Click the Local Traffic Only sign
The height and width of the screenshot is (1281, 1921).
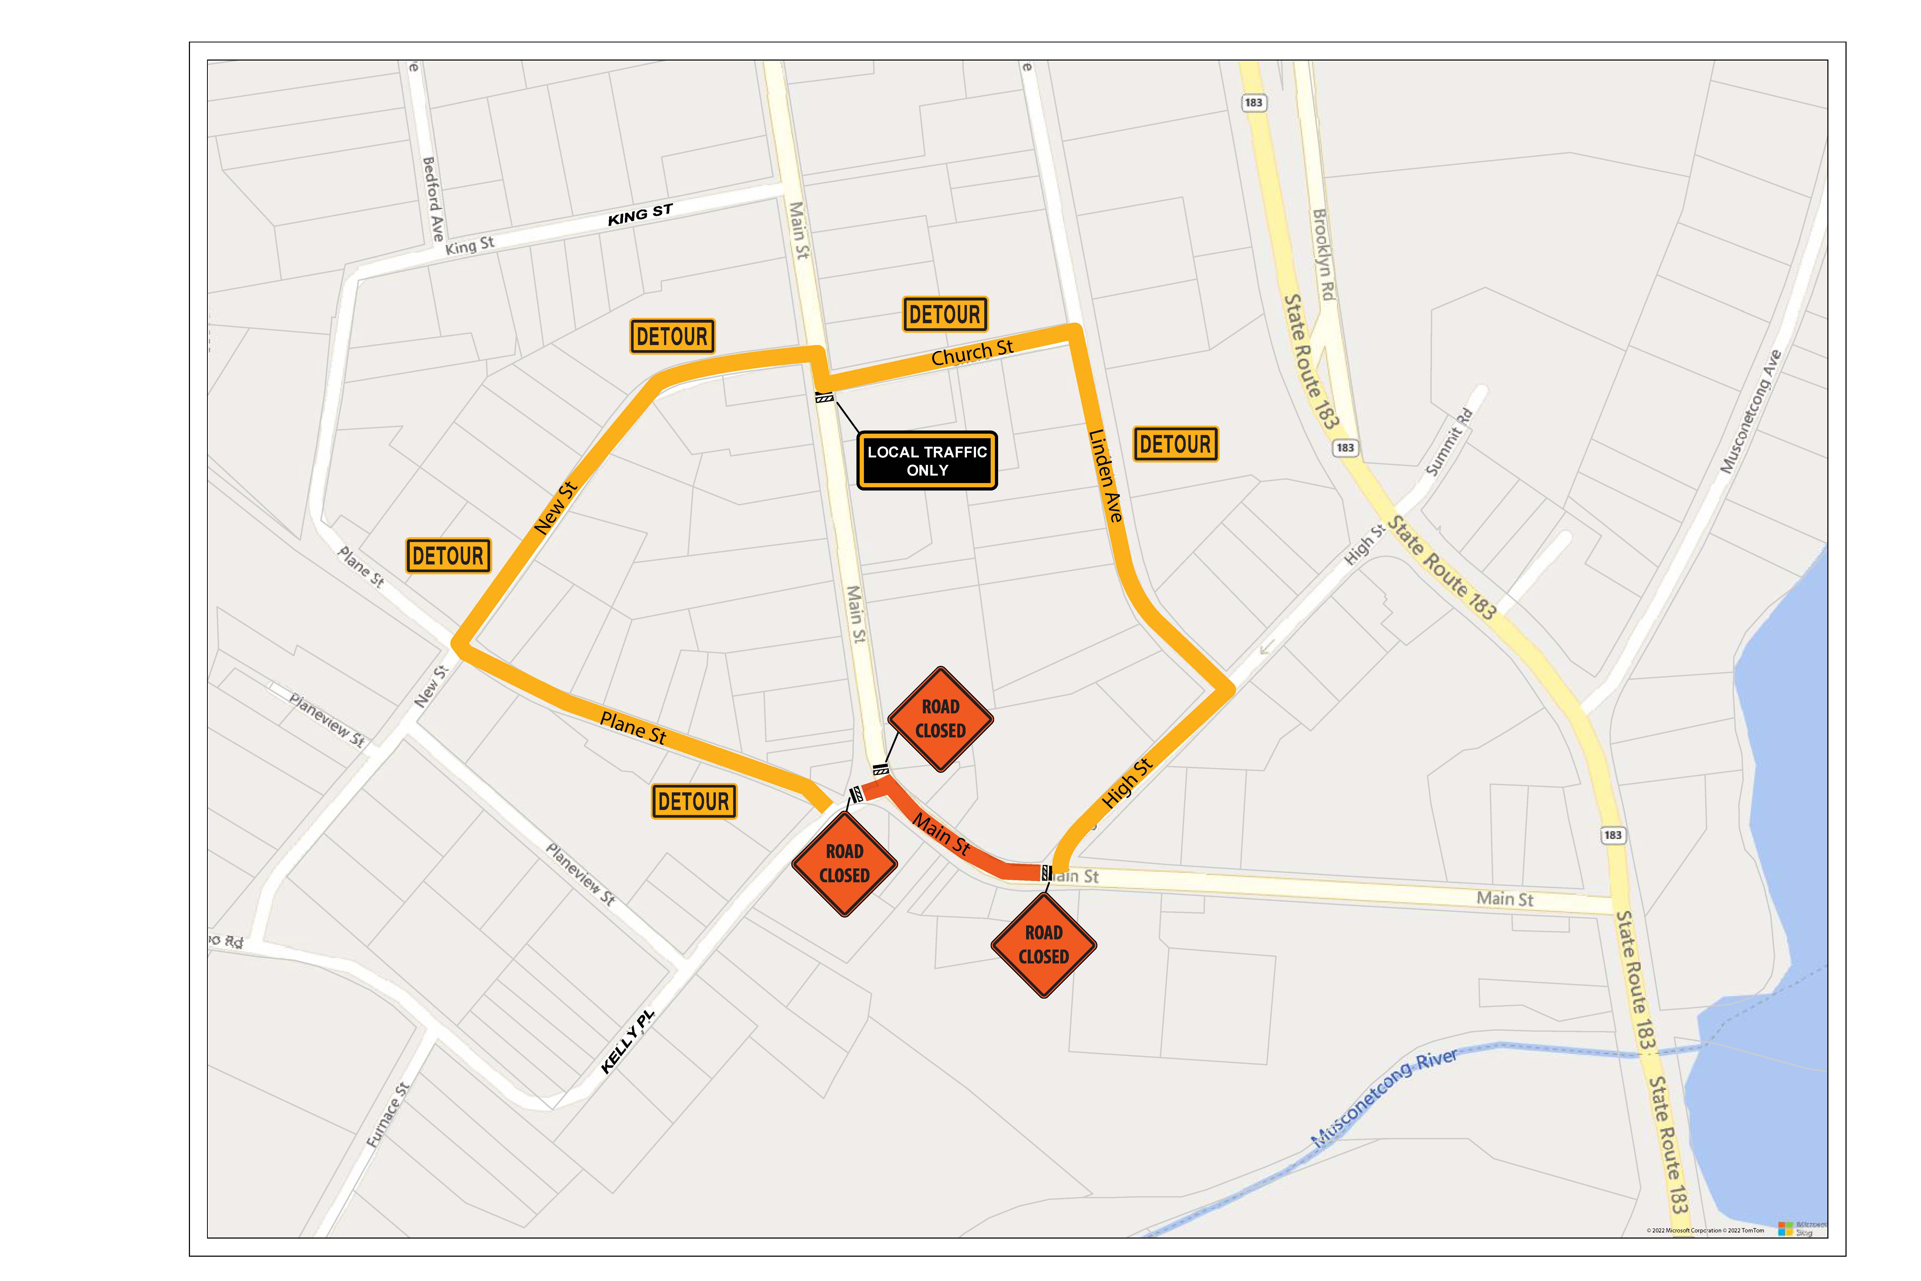[x=927, y=461]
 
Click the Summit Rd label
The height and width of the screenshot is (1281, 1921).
[x=1449, y=442]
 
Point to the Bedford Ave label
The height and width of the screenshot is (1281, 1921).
[x=433, y=199]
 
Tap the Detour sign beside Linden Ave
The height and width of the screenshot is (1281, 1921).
[x=1175, y=444]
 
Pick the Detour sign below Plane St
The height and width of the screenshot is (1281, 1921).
[x=693, y=801]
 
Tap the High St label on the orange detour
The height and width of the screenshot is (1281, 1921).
[x=1127, y=783]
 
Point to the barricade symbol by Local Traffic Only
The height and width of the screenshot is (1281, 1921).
[x=824, y=398]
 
